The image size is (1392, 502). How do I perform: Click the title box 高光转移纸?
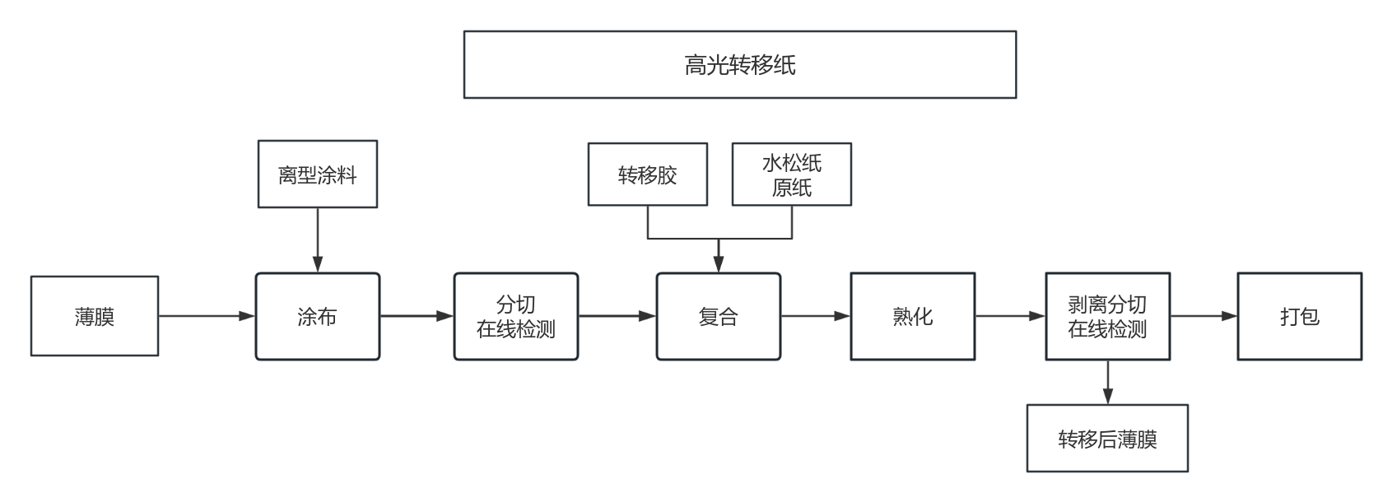pyautogui.click(x=739, y=65)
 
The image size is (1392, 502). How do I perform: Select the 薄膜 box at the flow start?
pyautogui.click(x=95, y=316)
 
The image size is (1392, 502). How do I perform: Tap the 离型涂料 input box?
pyautogui.click(x=317, y=174)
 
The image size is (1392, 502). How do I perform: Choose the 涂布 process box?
pyautogui.click(x=317, y=317)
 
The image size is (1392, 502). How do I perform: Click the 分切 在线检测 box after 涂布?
pyautogui.click(x=516, y=317)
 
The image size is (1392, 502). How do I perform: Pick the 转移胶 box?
pyautogui.click(x=647, y=174)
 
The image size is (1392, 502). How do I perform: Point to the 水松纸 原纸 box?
pyautogui.click(x=791, y=174)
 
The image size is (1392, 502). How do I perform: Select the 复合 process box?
pyautogui.click(x=718, y=317)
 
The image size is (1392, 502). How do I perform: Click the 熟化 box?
pyautogui.click(x=912, y=317)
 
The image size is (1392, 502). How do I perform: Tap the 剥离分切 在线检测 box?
pyautogui.click(x=1107, y=317)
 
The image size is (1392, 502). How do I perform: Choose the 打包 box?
pyautogui.click(x=1299, y=317)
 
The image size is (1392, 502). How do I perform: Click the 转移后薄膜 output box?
pyautogui.click(x=1107, y=439)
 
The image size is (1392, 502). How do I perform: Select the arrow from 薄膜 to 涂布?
pyautogui.click(x=207, y=316)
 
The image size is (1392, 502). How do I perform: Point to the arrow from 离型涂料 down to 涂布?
pyautogui.click(x=318, y=239)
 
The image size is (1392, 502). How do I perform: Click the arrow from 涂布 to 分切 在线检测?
pyautogui.click(x=417, y=316)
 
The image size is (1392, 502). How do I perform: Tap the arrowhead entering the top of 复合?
pyautogui.click(x=718, y=263)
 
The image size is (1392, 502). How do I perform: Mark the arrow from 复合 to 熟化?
pyautogui.click(x=815, y=316)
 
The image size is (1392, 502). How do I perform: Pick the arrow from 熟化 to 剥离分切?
pyautogui.click(x=1010, y=316)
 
